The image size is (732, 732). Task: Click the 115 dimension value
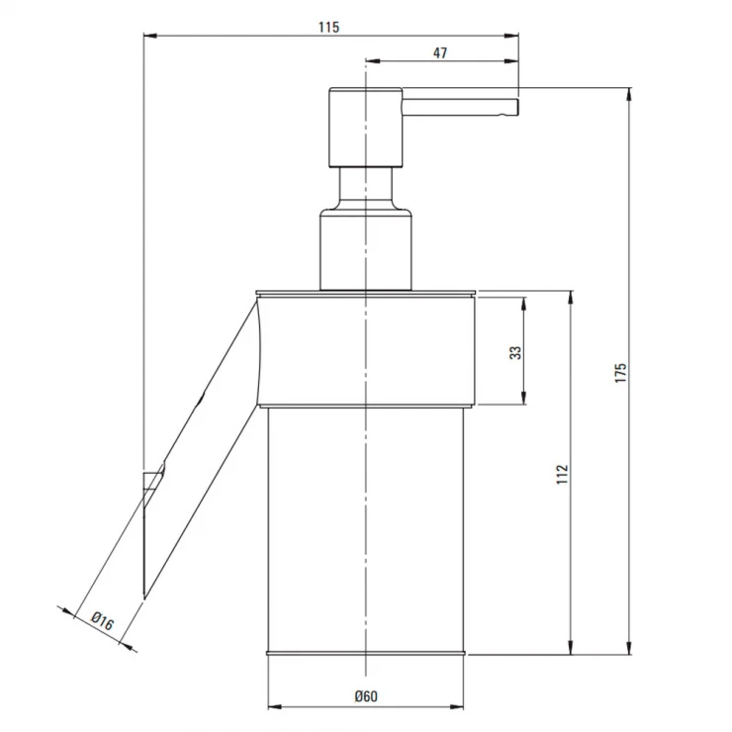[x=328, y=27]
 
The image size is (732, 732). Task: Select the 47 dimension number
[x=440, y=53]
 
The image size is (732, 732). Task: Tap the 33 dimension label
[x=515, y=352]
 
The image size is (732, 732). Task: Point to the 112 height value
[x=563, y=474]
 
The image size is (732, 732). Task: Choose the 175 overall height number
[x=620, y=373]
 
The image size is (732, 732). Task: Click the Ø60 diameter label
[x=366, y=696]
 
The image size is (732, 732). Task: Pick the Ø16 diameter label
[x=102, y=621]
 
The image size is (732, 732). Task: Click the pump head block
[x=366, y=127]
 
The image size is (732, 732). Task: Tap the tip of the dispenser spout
[x=517, y=107]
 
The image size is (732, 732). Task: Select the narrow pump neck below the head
[x=366, y=188]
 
